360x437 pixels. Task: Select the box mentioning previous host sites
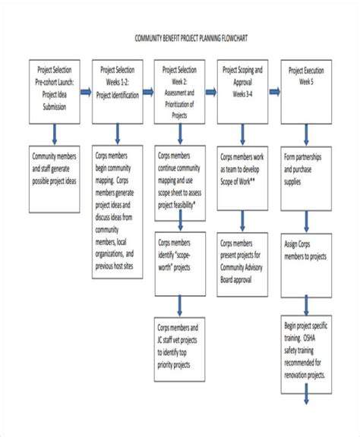click(118, 212)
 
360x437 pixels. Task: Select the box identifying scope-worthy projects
click(182, 254)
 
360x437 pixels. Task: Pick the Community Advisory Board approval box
click(245, 254)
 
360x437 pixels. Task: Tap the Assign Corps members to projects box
click(308, 254)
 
